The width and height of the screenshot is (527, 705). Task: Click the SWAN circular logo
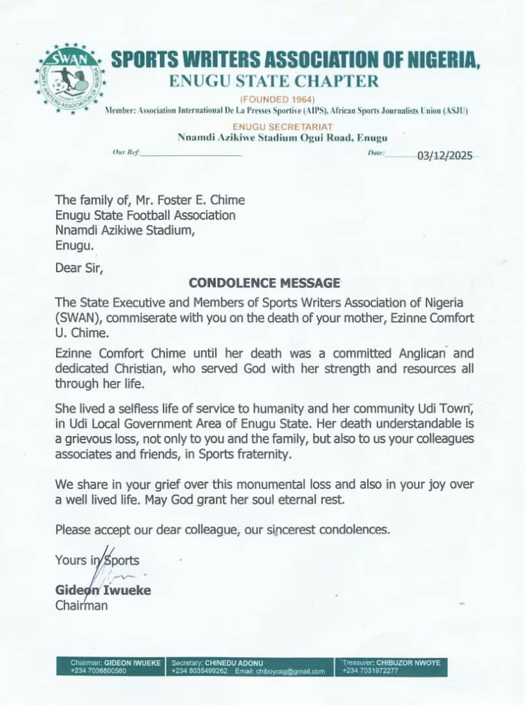tap(70, 78)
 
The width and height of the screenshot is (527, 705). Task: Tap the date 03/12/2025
tap(443, 155)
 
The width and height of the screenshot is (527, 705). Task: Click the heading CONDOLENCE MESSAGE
tap(264, 283)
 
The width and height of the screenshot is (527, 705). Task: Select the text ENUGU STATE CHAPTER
tap(274, 81)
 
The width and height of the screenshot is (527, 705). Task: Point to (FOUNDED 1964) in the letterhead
tap(278, 99)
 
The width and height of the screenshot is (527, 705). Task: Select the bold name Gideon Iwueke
tap(103, 591)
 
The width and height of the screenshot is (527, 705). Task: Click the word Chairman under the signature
tap(82, 605)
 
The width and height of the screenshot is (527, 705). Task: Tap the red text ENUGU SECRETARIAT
tap(278, 126)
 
